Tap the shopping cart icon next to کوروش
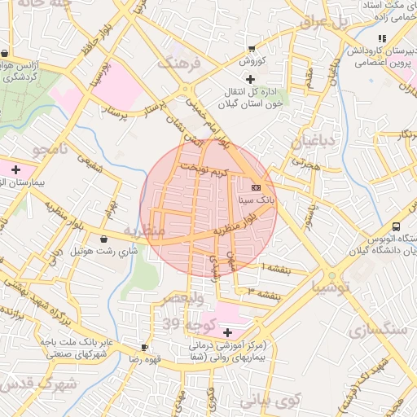click(x=250, y=49)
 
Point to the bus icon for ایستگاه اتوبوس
click(x=396, y=226)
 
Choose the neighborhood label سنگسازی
click(x=377, y=330)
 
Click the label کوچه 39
click(x=185, y=325)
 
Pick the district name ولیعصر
click(x=187, y=301)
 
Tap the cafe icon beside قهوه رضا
click(x=145, y=347)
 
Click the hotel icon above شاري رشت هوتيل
click(x=103, y=239)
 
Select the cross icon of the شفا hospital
click(x=227, y=332)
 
